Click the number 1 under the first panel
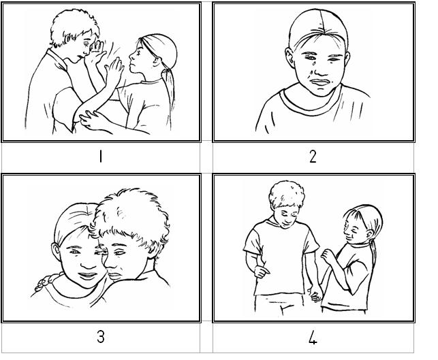(x=101, y=157)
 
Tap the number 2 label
(x=313, y=157)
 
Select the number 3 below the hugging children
(x=101, y=337)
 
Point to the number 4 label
(x=313, y=338)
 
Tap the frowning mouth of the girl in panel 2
(x=321, y=82)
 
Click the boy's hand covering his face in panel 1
(x=95, y=54)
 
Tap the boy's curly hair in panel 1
(x=74, y=27)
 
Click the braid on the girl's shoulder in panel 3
(x=47, y=282)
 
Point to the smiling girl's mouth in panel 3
(x=87, y=276)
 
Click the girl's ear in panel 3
(x=56, y=250)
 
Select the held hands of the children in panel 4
(x=315, y=295)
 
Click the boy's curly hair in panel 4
(x=287, y=194)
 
